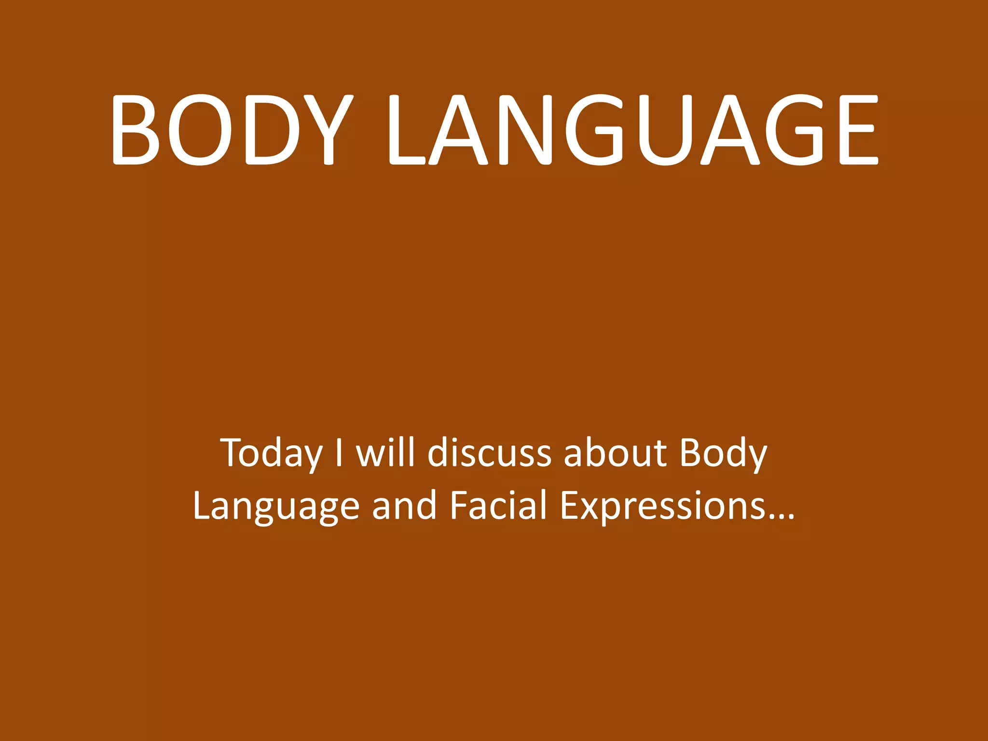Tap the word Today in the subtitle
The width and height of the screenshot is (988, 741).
[x=272, y=453]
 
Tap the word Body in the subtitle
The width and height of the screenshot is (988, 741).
[x=723, y=453]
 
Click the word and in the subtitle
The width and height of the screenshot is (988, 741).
[x=404, y=506]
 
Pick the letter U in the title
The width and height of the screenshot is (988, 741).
[x=666, y=129]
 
